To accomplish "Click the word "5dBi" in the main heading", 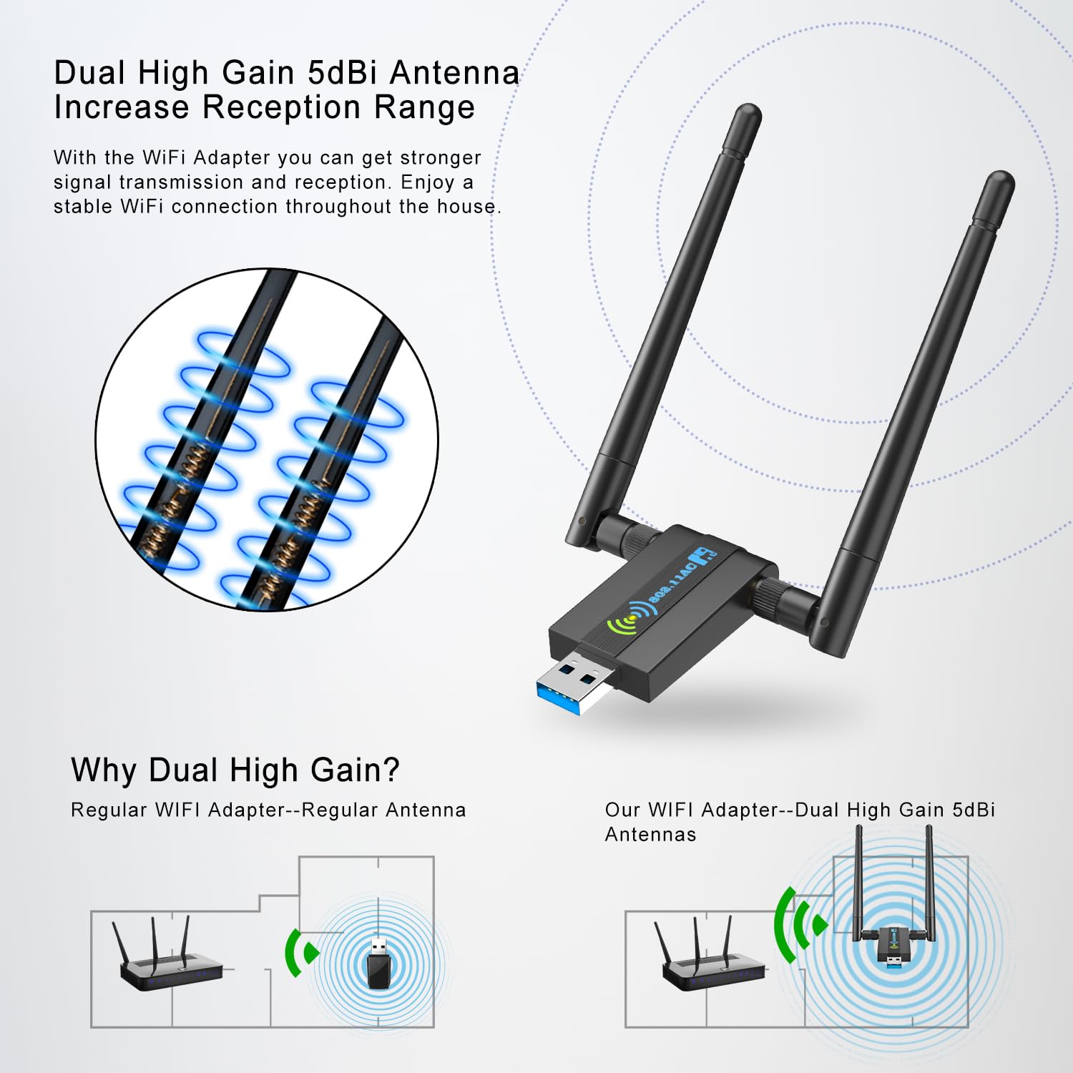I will click(341, 73).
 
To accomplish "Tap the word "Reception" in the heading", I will click(282, 107).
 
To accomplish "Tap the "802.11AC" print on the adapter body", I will click(672, 583).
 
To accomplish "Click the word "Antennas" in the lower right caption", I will click(650, 834).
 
